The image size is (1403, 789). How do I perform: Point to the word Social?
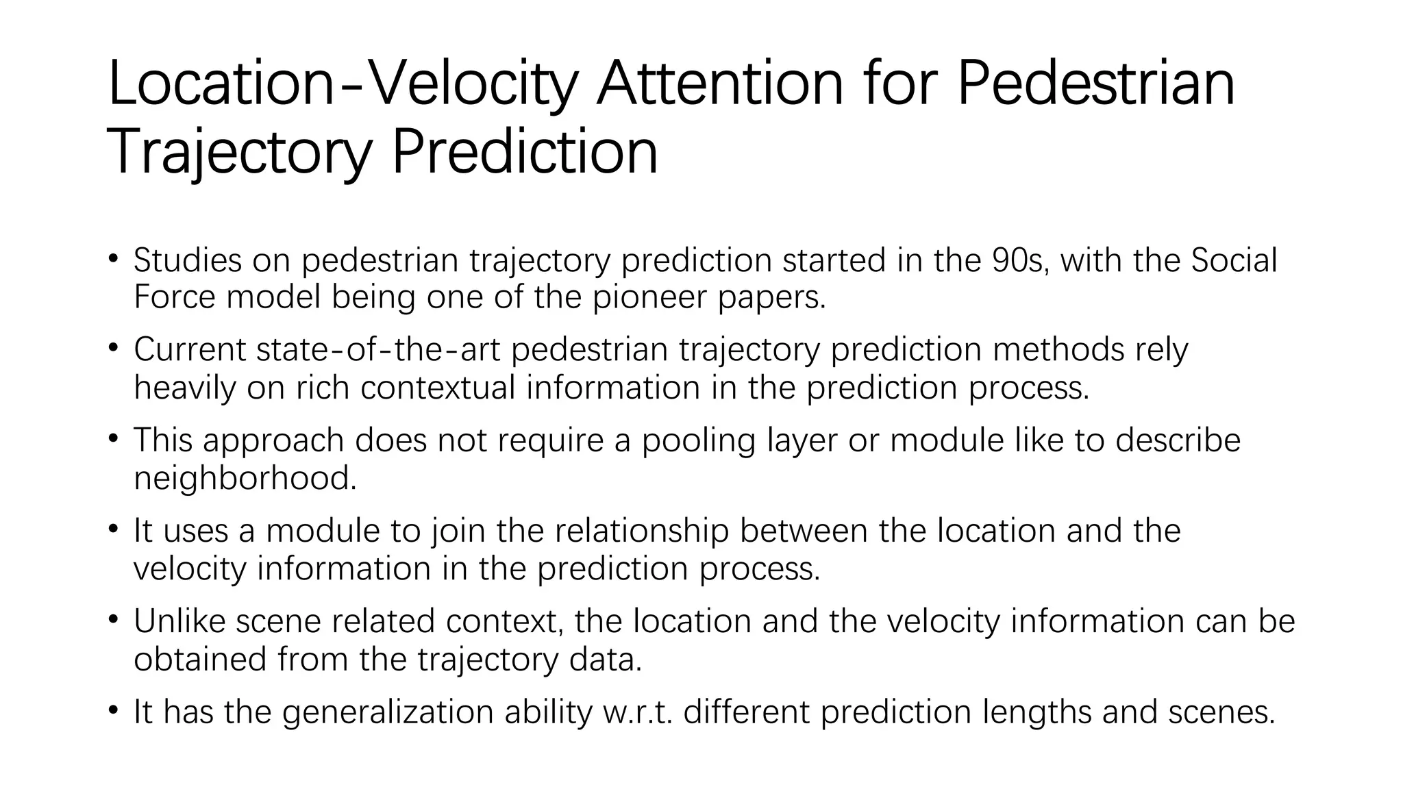pos(1234,260)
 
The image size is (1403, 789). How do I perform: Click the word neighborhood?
pos(245,478)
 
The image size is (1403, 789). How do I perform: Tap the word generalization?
pos(388,712)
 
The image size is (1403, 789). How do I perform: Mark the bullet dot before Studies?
pos(114,259)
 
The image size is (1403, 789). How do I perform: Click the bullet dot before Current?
pos(114,348)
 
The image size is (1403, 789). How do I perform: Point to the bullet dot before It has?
pos(114,711)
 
